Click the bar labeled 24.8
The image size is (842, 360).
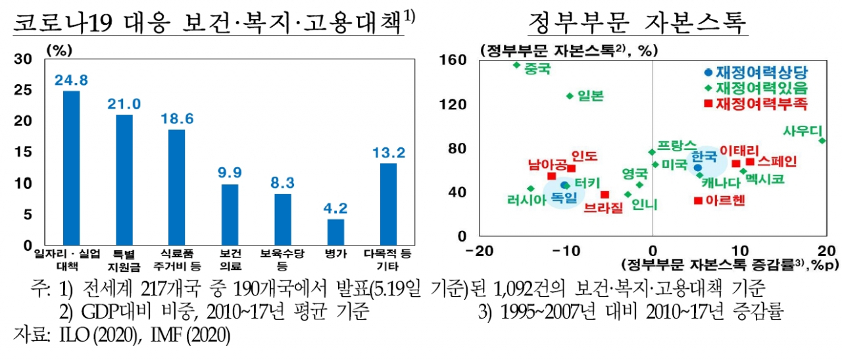tap(71, 168)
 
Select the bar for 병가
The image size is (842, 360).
tap(335, 232)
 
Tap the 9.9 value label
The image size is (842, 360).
tap(230, 172)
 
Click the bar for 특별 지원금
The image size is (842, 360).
tap(124, 180)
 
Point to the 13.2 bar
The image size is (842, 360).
tap(388, 204)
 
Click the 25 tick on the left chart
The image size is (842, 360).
tap(23, 90)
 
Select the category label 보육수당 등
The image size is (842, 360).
tap(282, 259)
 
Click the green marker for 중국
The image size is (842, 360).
tap(517, 65)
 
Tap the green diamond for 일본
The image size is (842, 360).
tap(570, 96)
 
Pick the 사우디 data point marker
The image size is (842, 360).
tap(822, 141)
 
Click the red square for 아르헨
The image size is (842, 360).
tap(698, 201)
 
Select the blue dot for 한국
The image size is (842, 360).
tap(698, 167)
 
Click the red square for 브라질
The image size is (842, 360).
tap(605, 195)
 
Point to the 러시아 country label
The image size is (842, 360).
tap(526, 199)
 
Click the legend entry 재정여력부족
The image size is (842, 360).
tap(756, 103)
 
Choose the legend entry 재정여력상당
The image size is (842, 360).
tap(756, 72)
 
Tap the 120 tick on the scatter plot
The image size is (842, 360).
tap(453, 104)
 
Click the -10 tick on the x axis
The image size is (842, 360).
tap(566, 251)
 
